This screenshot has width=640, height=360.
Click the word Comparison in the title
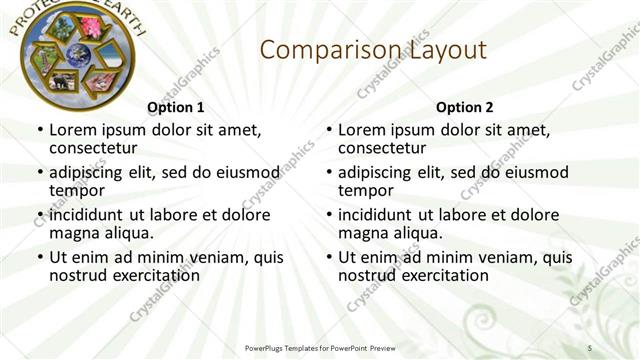tap(318, 51)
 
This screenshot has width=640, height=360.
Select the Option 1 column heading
tap(176, 107)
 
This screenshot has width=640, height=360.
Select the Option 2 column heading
tap(465, 107)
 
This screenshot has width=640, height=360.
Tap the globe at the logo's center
tap(71, 57)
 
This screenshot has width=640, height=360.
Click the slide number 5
tap(590, 346)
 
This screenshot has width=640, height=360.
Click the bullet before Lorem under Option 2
tap(328, 130)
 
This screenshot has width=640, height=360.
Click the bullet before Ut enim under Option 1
tap(39, 258)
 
